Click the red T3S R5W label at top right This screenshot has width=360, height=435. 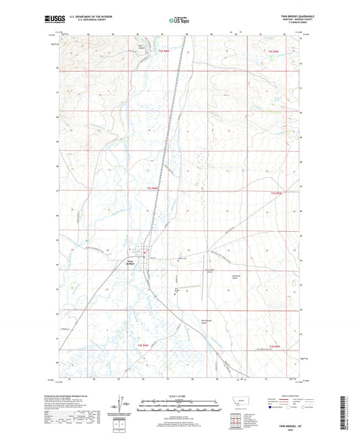274,51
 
